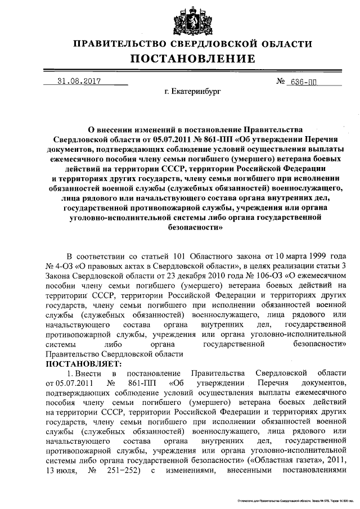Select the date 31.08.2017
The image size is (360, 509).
[x=79, y=81]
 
